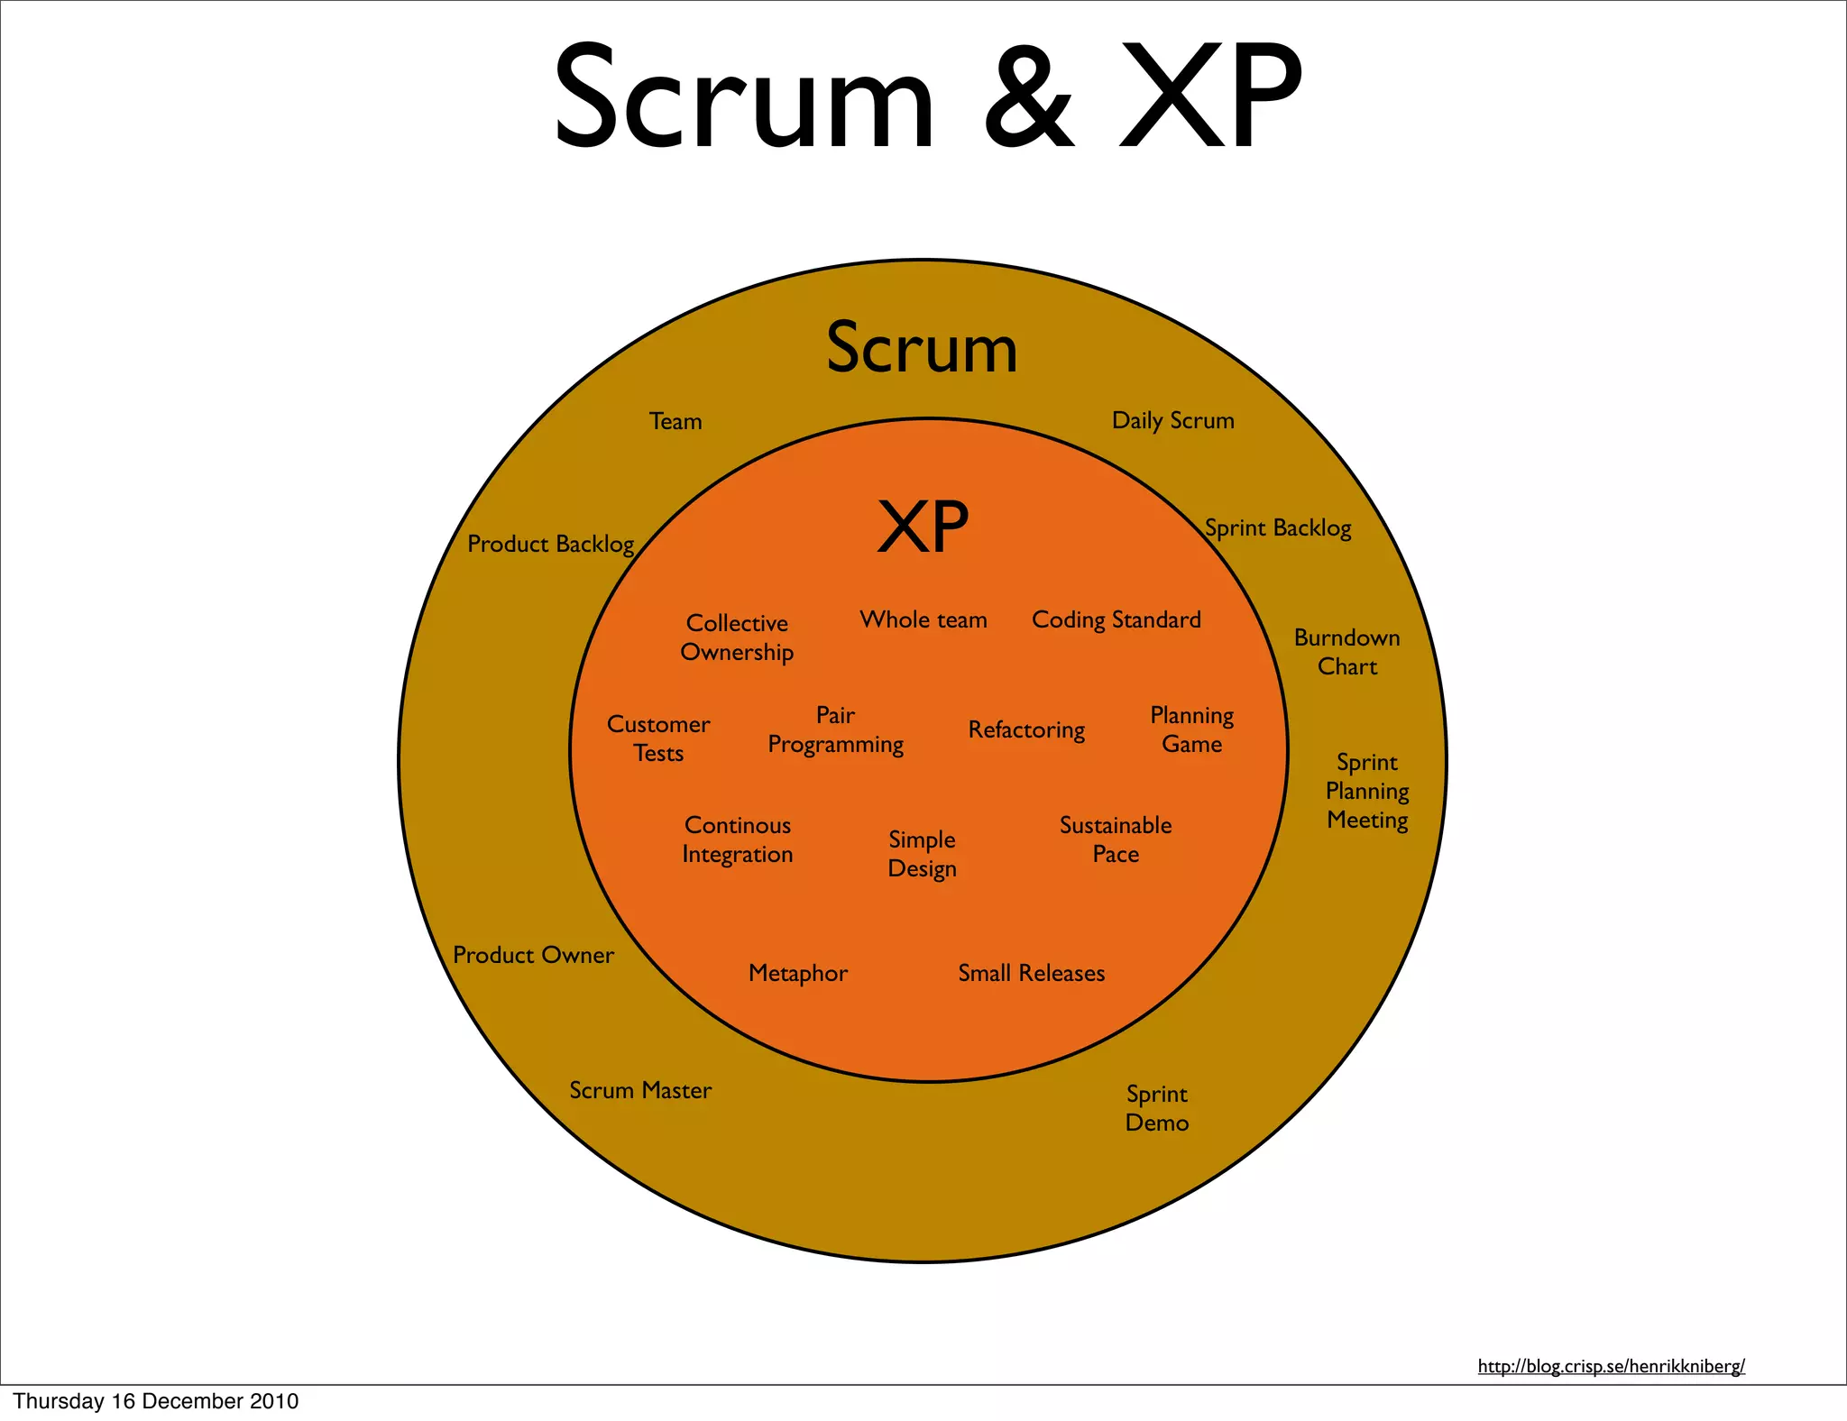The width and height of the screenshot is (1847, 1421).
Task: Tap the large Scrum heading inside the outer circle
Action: [922, 348]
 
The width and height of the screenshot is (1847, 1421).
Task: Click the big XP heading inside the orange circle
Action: [923, 527]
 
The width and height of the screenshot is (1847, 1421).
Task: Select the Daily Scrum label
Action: [1172, 421]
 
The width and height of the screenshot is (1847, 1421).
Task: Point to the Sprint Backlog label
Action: [1278, 528]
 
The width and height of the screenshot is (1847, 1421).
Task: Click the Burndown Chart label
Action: [1346, 652]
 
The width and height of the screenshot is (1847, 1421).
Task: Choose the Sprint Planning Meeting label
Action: [1367, 791]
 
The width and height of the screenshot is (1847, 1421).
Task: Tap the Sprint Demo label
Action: [1157, 1108]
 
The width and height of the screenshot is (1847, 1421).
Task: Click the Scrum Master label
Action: [640, 1091]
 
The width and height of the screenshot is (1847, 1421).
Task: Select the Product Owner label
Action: [533, 956]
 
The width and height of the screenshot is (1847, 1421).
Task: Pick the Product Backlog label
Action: [550, 545]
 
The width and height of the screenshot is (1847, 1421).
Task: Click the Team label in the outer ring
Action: [675, 422]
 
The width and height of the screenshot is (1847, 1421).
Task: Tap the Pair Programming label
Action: [835, 730]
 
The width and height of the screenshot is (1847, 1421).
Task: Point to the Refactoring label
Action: [1026, 730]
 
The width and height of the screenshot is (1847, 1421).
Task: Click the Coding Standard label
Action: [1116, 620]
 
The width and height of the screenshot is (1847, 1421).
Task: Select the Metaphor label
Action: [798, 974]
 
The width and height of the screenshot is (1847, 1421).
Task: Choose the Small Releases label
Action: [1031, 974]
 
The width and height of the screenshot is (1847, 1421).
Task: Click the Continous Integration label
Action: [737, 839]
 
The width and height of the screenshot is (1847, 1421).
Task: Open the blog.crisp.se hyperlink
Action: [1611, 1366]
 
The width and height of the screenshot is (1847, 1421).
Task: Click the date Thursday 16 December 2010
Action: [156, 1401]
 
